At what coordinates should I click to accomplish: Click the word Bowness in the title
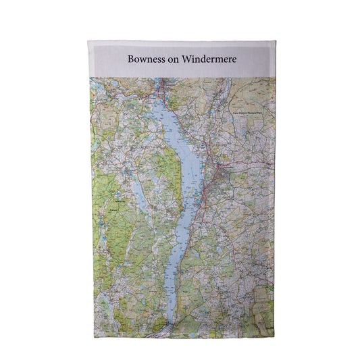(145, 59)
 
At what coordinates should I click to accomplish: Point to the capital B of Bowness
(130, 59)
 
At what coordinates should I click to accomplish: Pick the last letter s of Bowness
(161, 60)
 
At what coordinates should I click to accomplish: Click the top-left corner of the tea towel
(88, 41)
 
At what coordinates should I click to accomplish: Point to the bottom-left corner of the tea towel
(90, 336)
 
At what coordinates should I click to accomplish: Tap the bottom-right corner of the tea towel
(274, 336)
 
